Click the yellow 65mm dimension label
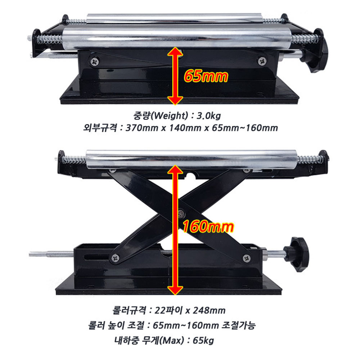(206, 76)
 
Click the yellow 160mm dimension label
(208, 226)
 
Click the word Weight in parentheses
(170, 115)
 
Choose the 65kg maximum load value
(203, 340)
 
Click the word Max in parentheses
(171, 340)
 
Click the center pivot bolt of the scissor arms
(181, 213)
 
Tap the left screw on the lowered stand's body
(94, 62)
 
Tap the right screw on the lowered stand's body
(262, 61)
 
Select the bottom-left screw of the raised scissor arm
(115, 258)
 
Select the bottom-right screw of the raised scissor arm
(247, 258)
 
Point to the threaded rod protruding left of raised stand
(51, 254)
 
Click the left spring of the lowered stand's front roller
(50, 39)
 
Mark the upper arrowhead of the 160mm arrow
(175, 170)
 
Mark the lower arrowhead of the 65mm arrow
(175, 100)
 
